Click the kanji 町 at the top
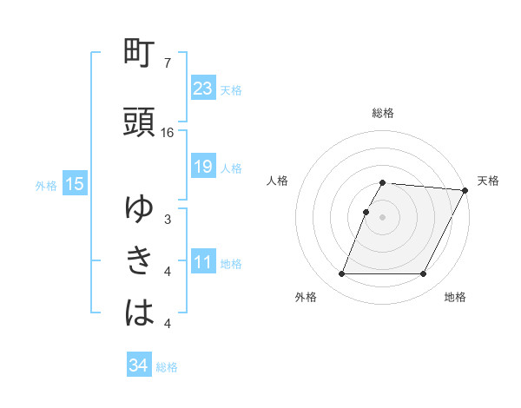(x=140, y=55)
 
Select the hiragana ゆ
(x=140, y=208)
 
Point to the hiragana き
(x=140, y=260)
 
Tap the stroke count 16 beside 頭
(x=168, y=132)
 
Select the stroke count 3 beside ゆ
(x=167, y=220)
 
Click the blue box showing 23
(x=202, y=88)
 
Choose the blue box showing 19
(x=202, y=167)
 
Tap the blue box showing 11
(x=202, y=263)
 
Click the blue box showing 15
(x=75, y=183)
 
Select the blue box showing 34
(x=138, y=365)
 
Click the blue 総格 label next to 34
(x=167, y=366)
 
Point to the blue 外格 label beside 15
(x=46, y=184)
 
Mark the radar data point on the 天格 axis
(x=465, y=190)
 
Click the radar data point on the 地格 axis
(x=423, y=274)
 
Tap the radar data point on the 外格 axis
(x=341, y=274)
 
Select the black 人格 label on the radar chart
(x=278, y=181)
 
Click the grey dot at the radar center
(x=382, y=217)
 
